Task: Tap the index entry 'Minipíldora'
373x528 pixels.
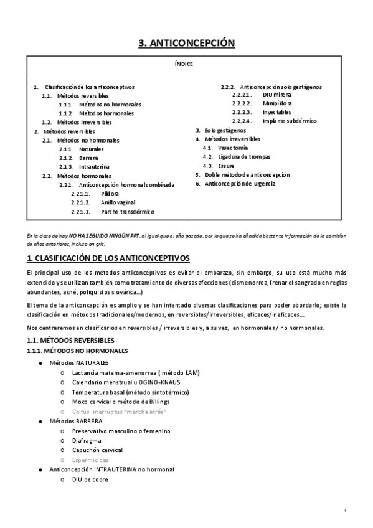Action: [x=278, y=103]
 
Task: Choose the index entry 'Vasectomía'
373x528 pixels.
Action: [x=233, y=148]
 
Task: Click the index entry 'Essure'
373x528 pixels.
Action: [x=227, y=166]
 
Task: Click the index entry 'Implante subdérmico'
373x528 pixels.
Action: [x=290, y=121]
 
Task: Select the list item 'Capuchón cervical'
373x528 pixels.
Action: [x=97, y=450]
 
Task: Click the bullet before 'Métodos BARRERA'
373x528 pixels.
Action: [x=40, y=422]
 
